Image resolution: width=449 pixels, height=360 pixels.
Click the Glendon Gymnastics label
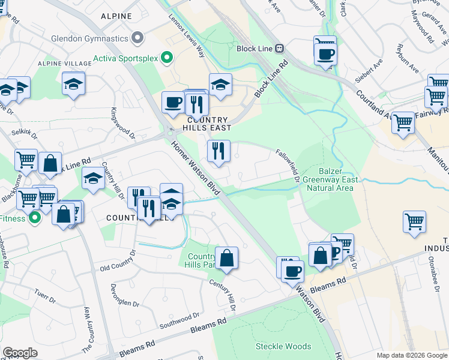[x=89, y=38]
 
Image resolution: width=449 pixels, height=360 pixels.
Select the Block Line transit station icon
[x=279, y=48]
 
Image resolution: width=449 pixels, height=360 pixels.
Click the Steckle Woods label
[x=283, y=346]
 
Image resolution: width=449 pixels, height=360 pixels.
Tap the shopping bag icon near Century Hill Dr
[x=227, y=258]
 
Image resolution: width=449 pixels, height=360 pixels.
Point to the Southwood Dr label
[x=179, y=320]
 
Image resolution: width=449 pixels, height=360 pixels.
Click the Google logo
[x=20, y=352]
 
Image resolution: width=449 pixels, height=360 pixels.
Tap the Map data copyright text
[x=412, y=355]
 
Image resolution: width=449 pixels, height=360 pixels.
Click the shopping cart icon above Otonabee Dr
[x=414, y=222]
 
